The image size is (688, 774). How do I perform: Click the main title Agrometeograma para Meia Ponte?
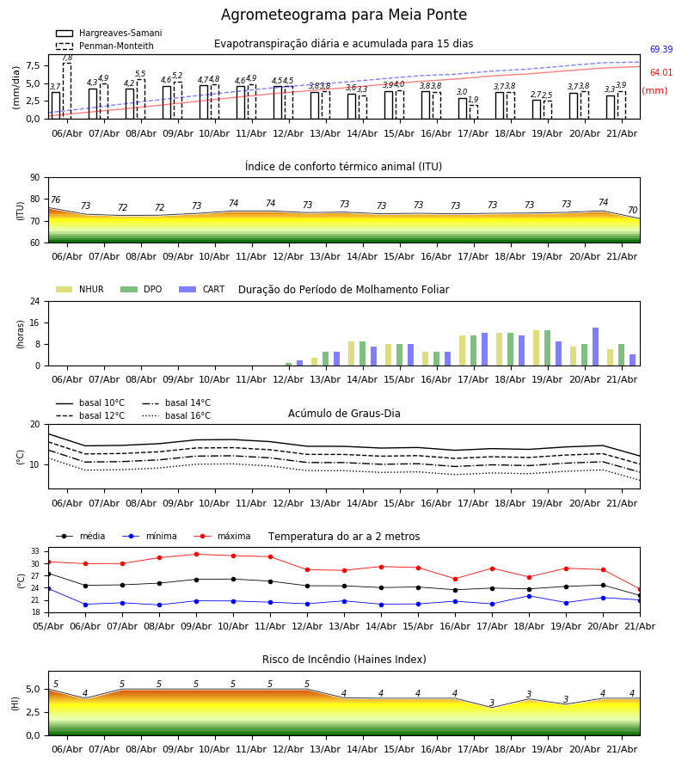point(343,15)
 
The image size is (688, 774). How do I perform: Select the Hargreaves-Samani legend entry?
point(109,33)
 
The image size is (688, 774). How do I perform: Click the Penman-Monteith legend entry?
point(105,46)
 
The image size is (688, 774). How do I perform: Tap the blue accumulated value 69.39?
point(661,49)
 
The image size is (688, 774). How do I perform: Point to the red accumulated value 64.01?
point(661,72)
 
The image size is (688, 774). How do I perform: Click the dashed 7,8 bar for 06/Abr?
point(67,91)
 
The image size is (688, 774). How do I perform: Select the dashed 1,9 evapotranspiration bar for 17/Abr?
point(473,112)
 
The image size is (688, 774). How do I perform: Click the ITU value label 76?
point(55,200)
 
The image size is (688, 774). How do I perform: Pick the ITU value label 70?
point(632,211)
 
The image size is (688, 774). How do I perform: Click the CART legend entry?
point(202,289)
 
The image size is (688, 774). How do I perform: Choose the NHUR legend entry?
point(80,289)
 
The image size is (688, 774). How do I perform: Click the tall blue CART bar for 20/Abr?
point(596,347)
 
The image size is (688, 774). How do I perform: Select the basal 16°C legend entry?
point(176,415)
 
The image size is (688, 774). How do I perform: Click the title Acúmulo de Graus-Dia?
point(344,414)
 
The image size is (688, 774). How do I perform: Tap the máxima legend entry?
point(223,536)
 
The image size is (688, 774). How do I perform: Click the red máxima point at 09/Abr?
point(196,555)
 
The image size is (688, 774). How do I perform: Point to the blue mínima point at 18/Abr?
point(530,596)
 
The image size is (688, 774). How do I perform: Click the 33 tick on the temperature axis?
point(35,551)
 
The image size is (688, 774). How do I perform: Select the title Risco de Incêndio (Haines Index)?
point(344,660)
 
